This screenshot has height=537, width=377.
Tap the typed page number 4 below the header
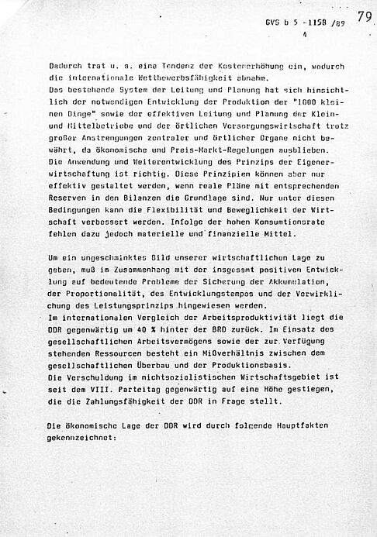pos(304,35)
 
